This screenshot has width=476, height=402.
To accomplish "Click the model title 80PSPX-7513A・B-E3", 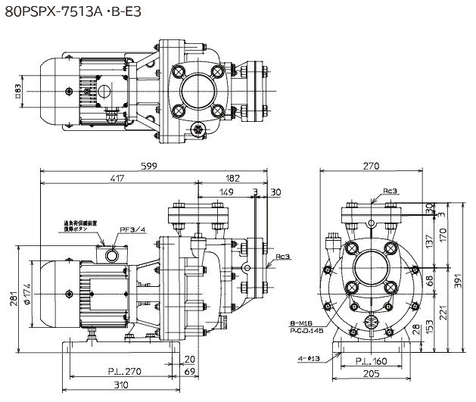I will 79,13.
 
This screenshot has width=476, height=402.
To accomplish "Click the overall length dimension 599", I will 152,167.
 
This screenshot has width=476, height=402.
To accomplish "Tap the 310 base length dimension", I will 116,386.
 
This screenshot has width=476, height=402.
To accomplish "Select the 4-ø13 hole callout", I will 309,358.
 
